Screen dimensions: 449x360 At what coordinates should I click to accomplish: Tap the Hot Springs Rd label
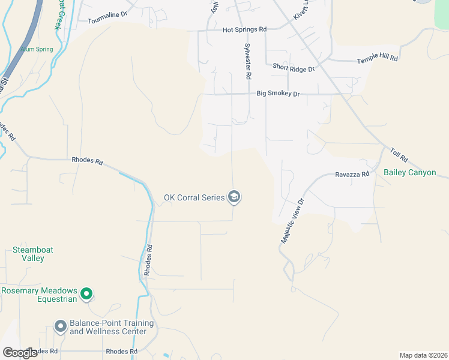pos(244,29)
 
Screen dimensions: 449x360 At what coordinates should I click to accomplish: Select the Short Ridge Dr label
pos(294,69)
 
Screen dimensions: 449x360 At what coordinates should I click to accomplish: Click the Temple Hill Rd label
pos(378,59)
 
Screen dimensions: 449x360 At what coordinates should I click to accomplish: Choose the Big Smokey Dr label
pos(278,94)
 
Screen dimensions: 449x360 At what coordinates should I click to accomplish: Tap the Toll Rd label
pos(399,156)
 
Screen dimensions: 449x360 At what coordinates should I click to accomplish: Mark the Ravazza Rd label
pos(352,175)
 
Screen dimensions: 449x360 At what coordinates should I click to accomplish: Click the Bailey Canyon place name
pos(409,173)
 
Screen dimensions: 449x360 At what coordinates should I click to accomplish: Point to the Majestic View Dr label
pos(293,221)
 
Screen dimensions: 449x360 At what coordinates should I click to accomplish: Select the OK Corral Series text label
pos(194,197)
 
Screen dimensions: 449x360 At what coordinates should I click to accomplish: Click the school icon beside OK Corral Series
pos(234,197)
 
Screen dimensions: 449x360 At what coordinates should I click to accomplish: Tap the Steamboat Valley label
pos(29,254)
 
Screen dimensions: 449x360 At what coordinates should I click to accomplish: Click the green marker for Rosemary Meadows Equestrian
pos(86,294)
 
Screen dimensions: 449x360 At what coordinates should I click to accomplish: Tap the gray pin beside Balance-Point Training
pos(60,326)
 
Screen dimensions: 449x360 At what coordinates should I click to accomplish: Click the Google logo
pos(20,352)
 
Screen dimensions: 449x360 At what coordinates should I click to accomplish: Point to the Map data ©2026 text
pos(423,355)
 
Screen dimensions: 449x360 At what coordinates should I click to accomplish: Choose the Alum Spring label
pos(36,49)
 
